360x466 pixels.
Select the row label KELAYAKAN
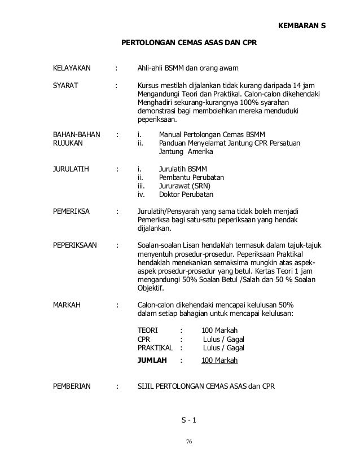[72, 69]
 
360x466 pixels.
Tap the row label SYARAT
[65, 86]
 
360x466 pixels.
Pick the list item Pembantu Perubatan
[192, 178]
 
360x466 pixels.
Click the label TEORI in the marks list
[148, 331]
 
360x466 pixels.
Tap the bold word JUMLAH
[152, 360]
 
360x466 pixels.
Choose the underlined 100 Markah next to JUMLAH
[219, 360]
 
